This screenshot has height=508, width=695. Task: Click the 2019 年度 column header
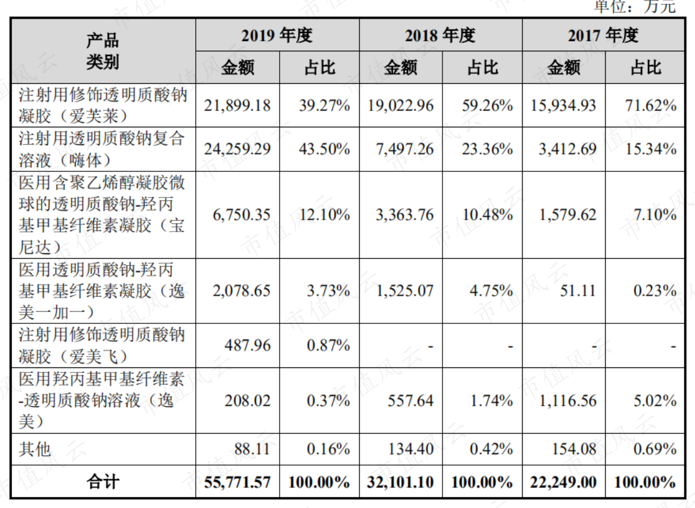(x=277, y=36)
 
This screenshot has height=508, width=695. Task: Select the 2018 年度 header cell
(x=440, y=36)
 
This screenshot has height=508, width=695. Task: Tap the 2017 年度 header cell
(x=603, y=36)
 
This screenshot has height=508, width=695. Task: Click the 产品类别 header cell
(x=102, y=51)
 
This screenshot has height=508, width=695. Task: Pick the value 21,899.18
(x=237, y=106)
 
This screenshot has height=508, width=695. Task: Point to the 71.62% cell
(x=650, y=106)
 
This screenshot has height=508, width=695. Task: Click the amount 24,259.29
(x=237, y=149)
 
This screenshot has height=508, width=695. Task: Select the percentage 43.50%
(x=324, y=149)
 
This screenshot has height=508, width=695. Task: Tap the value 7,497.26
(x=404, y=149)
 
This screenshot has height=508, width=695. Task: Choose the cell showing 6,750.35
(x=242, y=215)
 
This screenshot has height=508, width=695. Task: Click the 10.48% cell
(x=488, y=215)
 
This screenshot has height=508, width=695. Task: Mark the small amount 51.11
(x=578, y=291)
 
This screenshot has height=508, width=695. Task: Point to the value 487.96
(x=247, y=345)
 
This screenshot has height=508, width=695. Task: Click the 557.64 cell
(x=410, y=401)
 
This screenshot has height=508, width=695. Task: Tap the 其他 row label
(x=35, y=449)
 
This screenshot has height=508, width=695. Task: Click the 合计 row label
(x=103, y=482)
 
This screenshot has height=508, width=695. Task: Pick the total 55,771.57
(x=237, y=482)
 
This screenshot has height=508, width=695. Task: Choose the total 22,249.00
(x=564, y=482)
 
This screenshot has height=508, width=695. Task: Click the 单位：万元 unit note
(x=635, y=6)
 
